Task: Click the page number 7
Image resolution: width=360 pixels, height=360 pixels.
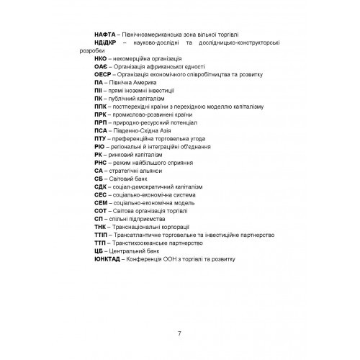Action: click(x=179, y=331)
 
